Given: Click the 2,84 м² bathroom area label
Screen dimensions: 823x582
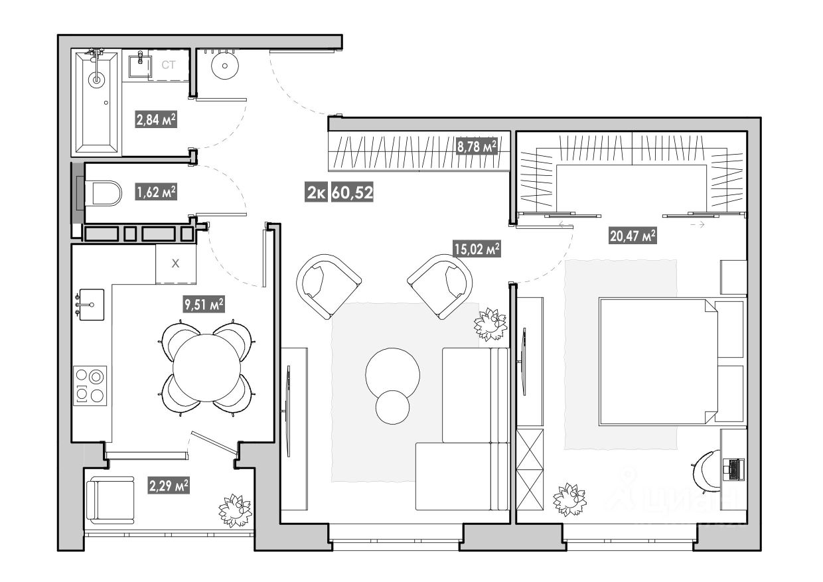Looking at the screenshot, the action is coord(156,120).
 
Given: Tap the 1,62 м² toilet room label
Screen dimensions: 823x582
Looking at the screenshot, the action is coord(156,192).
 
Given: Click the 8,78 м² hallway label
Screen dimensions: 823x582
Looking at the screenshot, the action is coord(477,147).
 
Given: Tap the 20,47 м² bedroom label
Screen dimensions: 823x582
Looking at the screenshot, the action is coord(633,235).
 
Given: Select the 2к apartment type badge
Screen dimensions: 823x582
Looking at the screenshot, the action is coord(316,193).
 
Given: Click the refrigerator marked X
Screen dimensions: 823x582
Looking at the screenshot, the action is coord(176,263).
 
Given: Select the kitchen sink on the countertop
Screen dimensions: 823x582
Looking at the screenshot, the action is coord(91,305).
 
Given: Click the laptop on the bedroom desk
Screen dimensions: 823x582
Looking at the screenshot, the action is coord(735,469).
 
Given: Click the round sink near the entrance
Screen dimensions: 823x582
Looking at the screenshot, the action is coord(224,65).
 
